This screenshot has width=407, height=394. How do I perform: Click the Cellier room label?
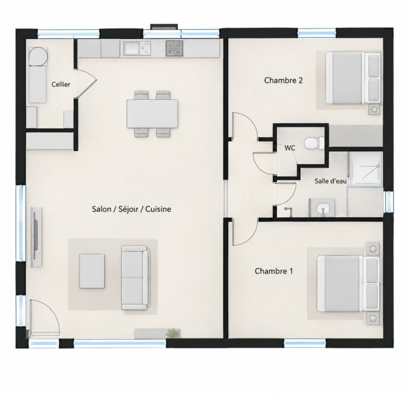[x=61, y=84]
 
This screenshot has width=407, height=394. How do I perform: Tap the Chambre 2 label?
[x=283, y=80]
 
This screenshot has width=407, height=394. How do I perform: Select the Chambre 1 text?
[x=274, y=271]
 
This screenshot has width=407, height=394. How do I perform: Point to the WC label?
[x=290, y=148]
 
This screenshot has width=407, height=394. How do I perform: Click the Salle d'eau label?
[x=330, y=181]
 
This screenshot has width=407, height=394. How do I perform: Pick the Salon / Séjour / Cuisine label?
[x=131, y=209]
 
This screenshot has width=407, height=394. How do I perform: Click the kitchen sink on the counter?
[x=137, y=48]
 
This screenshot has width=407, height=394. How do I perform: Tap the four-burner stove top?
[x=174, y=48]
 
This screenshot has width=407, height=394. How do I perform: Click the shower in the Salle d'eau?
[x=366, y=169]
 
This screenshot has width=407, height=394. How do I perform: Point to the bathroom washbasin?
[x=322, y=208]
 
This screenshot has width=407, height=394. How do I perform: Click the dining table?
[x=152, y=114]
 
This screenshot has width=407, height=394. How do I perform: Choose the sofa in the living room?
[x=135, y=278]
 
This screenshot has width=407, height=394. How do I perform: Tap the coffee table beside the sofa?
[x=92, y=271]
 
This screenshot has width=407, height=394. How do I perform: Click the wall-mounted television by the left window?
[x=36, y=237]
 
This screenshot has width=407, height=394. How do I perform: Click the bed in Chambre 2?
[x=353, y=78]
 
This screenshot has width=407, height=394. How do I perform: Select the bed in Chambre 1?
[x=348, y=284]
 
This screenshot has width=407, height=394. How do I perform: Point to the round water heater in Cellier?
[x=38, y=56]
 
